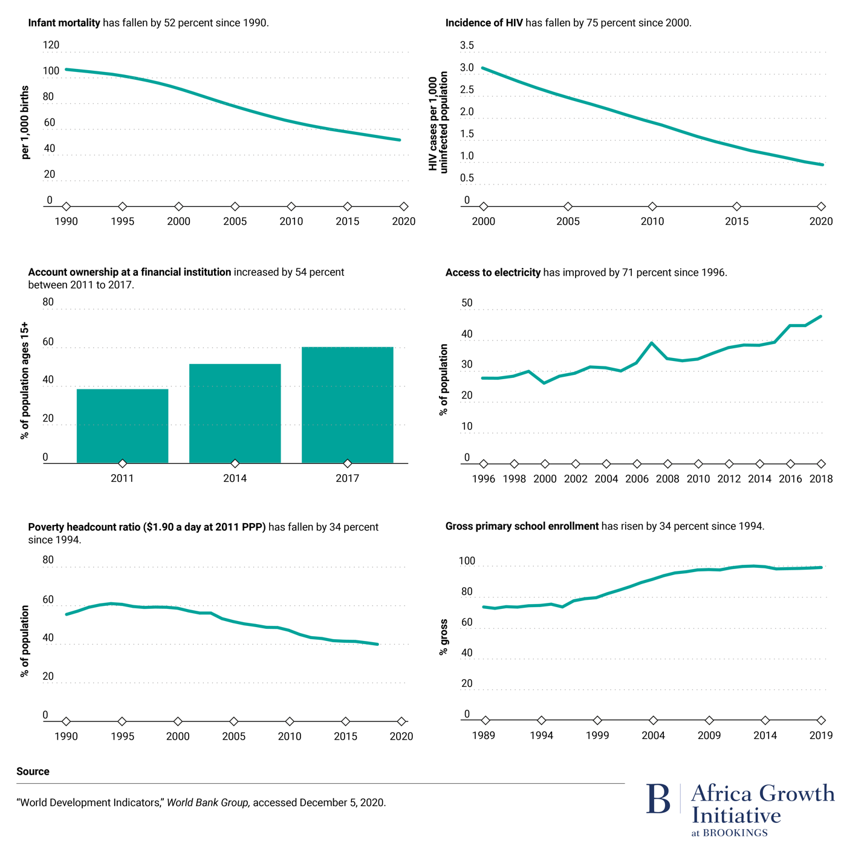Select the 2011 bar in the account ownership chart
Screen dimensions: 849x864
(122, 426)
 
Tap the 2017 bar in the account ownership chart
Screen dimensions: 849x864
(347, 405)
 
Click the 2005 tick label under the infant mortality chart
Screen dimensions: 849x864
(235, 221)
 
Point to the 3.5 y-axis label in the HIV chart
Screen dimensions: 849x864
(467, 45)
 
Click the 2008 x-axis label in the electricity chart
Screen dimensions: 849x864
(667, 479)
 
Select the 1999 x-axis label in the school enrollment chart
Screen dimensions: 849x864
(597, 735)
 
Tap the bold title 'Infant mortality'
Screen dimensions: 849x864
(64, 23)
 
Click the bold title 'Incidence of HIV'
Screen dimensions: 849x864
(484, 23)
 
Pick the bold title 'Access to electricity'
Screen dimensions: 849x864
(493, 273)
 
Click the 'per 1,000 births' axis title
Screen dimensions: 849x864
(25, 123)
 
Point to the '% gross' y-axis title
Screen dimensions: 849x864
(444, 637)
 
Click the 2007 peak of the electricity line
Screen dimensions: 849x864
(651, 343)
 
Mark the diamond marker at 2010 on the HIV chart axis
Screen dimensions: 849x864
(652, 207)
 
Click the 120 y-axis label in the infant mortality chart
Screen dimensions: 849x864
(51, 45)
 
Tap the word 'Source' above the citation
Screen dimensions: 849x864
(33, 772)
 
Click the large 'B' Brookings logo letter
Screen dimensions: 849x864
(658, 799)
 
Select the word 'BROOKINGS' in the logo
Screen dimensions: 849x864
(735, 833)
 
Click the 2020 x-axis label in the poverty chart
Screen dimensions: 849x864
(401, 736)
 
